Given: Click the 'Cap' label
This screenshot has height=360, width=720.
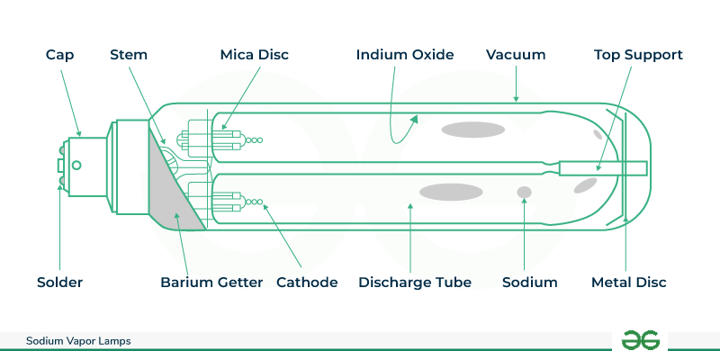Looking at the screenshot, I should point(61,55).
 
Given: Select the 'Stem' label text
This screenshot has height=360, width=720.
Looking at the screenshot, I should point(129,55).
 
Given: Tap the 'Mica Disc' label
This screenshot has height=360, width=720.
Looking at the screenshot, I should point(253,55).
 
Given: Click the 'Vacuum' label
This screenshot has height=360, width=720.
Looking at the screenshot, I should point(516,55).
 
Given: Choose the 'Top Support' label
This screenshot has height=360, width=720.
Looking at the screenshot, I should point(638,55).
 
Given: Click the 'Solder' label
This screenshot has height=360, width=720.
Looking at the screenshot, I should point(61,283).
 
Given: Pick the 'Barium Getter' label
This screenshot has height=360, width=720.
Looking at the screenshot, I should point(211,283).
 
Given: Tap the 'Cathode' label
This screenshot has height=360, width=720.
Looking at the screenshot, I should point(307,283).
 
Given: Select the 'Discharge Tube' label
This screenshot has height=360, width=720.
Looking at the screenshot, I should point(415,283).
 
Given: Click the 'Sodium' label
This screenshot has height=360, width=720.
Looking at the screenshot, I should point(529,283).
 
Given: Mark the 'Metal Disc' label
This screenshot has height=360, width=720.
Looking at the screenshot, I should point(629,283).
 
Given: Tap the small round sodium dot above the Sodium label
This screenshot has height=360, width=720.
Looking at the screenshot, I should point(523,192).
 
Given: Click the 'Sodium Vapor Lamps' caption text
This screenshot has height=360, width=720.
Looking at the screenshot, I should point(79,342).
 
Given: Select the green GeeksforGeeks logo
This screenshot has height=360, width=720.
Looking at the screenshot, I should point(640,340).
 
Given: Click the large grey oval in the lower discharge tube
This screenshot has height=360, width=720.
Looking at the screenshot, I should point(452,191).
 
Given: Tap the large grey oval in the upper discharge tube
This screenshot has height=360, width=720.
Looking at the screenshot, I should point(472,129).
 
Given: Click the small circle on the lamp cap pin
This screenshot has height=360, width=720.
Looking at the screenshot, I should point(76,165).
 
